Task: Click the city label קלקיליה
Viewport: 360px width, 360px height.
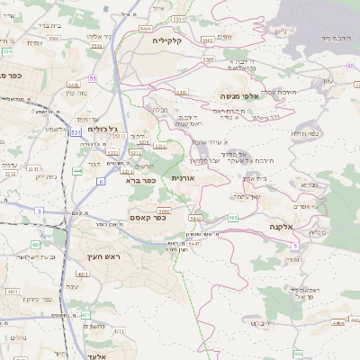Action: (x=167, y=40)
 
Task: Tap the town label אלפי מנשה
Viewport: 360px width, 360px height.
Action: (x=239, y=95)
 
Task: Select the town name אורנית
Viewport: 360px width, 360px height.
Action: (x=183, y=179)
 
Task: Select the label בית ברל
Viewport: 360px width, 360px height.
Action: (x=45, y=26)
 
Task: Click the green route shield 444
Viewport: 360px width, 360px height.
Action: (x=78, y=170)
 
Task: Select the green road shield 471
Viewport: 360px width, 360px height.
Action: (x=85, y=315)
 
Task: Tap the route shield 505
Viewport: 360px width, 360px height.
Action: (x=233, y=217)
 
